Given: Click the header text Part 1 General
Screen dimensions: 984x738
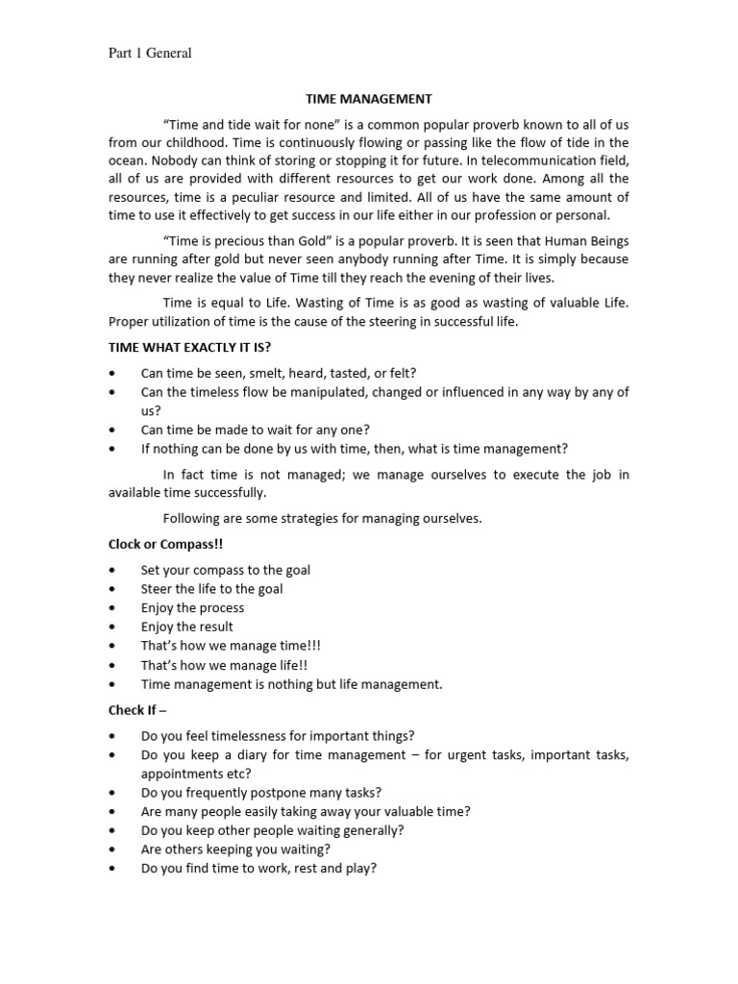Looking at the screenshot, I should tap(149, 53).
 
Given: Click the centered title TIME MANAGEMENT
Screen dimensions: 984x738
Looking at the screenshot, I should tap(368, 98).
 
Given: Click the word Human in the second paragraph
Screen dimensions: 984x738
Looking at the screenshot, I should tap(558, 240).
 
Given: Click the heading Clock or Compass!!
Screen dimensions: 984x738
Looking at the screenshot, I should tap(165, 544).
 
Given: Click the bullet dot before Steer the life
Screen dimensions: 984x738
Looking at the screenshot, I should tap(113, 589).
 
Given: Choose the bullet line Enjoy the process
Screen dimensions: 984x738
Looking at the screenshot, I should tap(192, 607).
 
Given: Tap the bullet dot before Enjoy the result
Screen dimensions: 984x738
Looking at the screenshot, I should tap(113, 627).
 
